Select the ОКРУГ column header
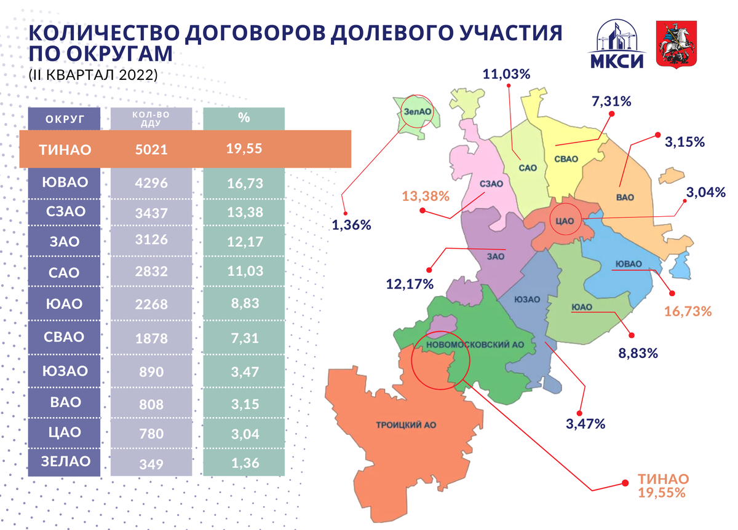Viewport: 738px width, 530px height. click(64, 118)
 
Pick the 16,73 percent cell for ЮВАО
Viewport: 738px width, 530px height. click(244, 182)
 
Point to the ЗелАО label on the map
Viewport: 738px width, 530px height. click(416, 112)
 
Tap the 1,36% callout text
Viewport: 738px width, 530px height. click(352, 225)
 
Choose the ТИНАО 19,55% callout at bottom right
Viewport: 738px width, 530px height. click(663, 485)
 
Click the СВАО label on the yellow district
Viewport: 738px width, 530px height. click(566, 158)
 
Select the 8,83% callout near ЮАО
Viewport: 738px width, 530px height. click(637, 354)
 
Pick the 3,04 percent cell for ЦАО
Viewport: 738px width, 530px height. click(244, 433)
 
